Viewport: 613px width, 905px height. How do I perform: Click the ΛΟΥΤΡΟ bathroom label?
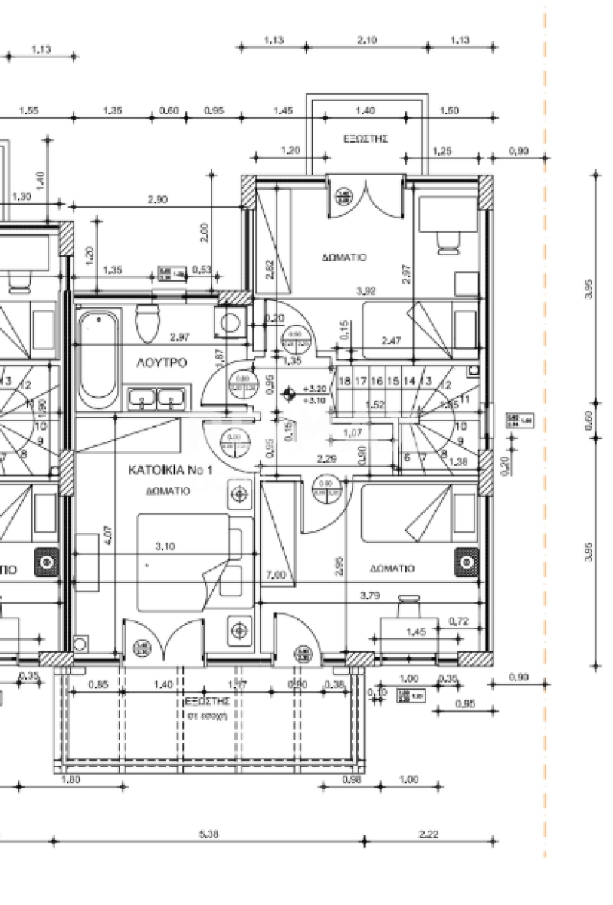click(x=162, y=362)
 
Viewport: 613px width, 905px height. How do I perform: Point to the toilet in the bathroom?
click(x=146, y=323)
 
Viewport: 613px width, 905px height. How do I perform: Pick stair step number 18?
click(x=345, y=381)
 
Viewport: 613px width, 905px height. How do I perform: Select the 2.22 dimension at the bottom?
click(x=428, y=835)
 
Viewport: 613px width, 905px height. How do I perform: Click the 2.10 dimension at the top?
click(x=367, y=41)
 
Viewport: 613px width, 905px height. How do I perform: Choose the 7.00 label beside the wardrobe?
click(x=275, y=575)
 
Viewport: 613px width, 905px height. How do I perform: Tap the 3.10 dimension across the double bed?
click(x=165, y=546)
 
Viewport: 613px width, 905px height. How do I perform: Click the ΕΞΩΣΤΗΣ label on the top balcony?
click(x=366, y=139)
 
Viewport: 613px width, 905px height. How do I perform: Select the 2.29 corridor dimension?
click(x=329, y=460)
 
